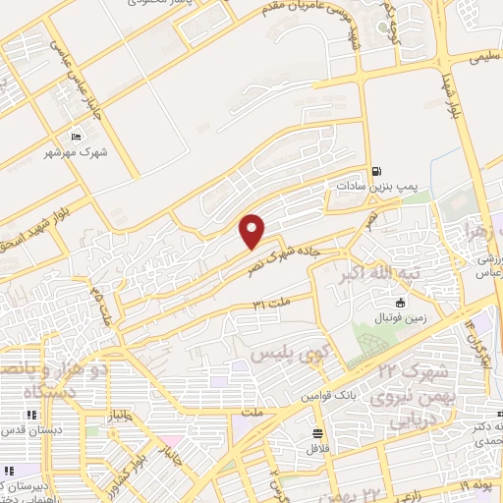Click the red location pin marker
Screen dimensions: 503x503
pos(253,230)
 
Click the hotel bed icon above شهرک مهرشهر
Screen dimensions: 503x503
pos(77,137)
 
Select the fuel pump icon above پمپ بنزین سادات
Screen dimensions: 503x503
pos(377,169)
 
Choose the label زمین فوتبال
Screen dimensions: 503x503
pos(400,318)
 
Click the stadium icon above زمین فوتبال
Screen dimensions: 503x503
pos(401,303)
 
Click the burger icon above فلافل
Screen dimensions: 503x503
pos(317,433)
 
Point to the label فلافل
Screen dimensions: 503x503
pos(316,448)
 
